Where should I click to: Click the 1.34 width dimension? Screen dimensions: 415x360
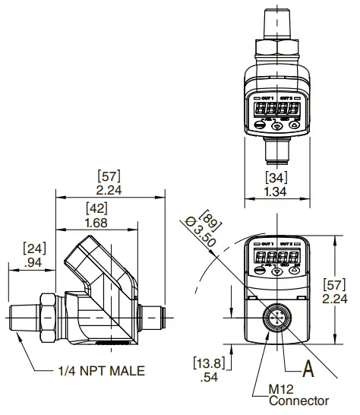[276, 192]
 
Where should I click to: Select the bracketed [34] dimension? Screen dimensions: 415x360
[276, 178]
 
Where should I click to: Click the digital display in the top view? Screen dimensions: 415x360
[276, 109]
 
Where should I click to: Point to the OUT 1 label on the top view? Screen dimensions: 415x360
[263, 98]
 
